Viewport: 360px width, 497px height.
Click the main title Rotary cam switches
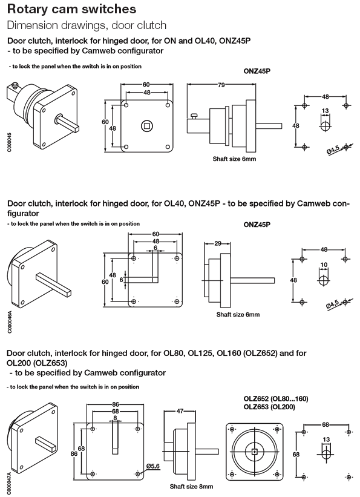tap(71, 10)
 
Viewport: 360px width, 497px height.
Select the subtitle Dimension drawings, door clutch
tap(87, 25)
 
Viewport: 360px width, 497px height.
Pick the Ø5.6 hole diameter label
tap(153, 466)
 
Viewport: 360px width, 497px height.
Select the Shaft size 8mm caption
tap(191, 486)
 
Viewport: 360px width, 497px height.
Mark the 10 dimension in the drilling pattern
tap(324, 265)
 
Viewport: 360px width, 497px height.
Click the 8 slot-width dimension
tap(115, 417)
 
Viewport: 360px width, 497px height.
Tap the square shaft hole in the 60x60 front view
tap(146, 127)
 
